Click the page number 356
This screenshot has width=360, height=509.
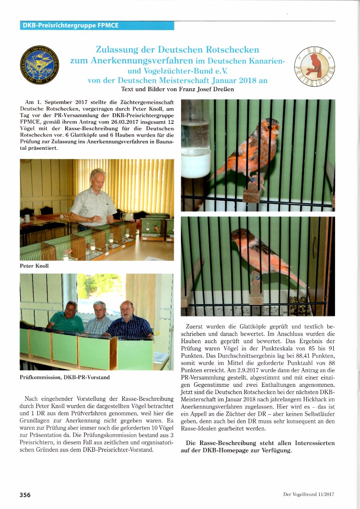pos(25,495)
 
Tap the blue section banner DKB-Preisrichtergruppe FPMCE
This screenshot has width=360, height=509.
pos(97,25)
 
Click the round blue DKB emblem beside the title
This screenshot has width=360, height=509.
pos(39,64)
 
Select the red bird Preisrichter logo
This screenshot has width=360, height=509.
pos(314,65)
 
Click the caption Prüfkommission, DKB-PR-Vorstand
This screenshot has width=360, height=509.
pos(65,377)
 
